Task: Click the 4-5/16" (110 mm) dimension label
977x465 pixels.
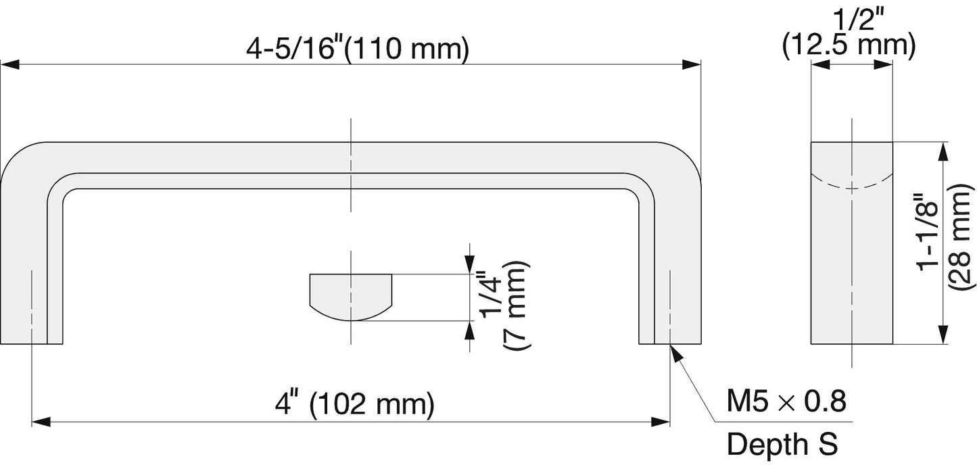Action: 358,49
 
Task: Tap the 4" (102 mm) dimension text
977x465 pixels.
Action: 355,404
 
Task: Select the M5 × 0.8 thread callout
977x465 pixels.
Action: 786,401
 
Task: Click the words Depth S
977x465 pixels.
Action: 782,444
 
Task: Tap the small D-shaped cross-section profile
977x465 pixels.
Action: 351,296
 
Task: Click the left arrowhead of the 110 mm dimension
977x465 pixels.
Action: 9,64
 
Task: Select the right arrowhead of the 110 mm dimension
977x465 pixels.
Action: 691,64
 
